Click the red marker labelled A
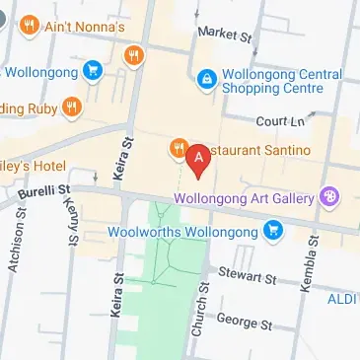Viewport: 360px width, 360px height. tap(199, 158)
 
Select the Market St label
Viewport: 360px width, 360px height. tap(224, 34)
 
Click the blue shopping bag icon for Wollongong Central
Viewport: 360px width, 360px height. tap(206, 77)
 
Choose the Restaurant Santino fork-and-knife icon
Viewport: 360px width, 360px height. tap(179, 148)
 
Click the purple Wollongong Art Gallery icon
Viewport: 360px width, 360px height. tap(330, 196)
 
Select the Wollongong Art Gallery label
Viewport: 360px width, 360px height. tap(248, 197)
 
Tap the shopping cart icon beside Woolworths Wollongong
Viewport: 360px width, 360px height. tap(274, 232)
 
